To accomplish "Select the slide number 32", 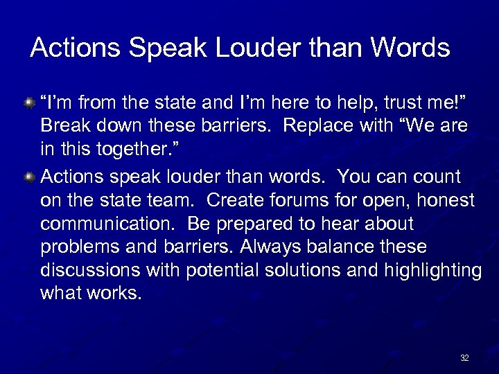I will pos(464,358).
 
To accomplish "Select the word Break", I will pos(63,127).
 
